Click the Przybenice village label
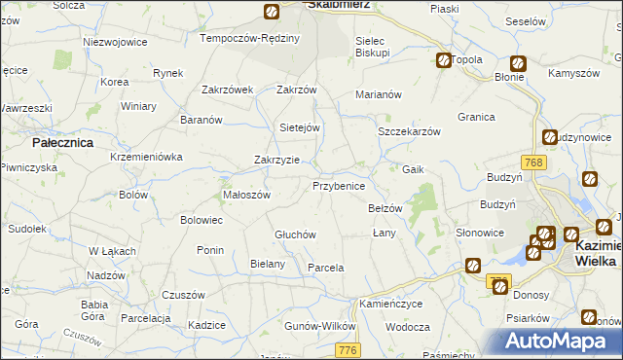point(339,185)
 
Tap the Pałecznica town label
point(61,142)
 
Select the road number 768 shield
point(532,162)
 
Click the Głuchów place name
point(295,234)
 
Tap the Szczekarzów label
point(410,131)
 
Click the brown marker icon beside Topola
point(443,60)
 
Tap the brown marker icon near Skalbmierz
point(272,12)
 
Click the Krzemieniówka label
point(146,157)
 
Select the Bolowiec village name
point(202,220)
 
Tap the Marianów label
point(379,94)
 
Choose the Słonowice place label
point(480,234)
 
